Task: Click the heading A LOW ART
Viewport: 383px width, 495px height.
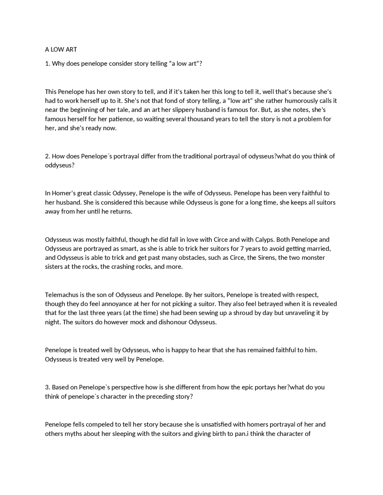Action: pos(61,50)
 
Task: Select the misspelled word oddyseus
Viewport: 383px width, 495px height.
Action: pos(60,166)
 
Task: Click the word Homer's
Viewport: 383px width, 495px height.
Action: pos(64,193)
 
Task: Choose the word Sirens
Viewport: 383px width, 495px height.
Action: pos(267,258)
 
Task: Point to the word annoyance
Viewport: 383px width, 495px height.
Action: pos(118,304)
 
